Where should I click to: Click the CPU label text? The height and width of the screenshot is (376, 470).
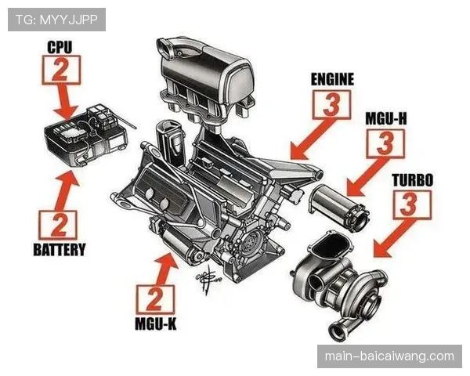[60, 47]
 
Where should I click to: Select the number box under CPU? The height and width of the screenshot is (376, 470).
[61, 70]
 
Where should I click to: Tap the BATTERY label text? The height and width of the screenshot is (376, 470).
[60, 249]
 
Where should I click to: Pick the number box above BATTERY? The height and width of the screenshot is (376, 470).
[58, 225]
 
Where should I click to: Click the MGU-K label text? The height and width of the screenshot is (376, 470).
[156, 324]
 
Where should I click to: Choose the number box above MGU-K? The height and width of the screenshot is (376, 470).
[155, 299]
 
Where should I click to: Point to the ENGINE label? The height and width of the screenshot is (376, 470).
[332, 79]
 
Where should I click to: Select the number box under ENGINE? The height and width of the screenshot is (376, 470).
[331, 105]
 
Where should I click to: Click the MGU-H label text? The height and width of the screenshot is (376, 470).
[386, 119]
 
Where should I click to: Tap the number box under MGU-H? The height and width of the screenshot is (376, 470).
[385, 143]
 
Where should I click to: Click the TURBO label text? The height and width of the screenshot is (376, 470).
[413, 180]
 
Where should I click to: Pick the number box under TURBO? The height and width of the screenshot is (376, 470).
[413, 205]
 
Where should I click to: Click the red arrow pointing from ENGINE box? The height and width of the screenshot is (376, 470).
[312, 139]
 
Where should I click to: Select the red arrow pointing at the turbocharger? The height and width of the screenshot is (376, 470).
[393, 238]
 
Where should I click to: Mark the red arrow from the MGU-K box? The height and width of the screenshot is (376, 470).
[164, 269]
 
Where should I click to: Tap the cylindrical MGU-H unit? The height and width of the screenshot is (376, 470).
[338, 207]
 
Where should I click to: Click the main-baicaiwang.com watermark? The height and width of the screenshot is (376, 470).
[389, 356]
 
